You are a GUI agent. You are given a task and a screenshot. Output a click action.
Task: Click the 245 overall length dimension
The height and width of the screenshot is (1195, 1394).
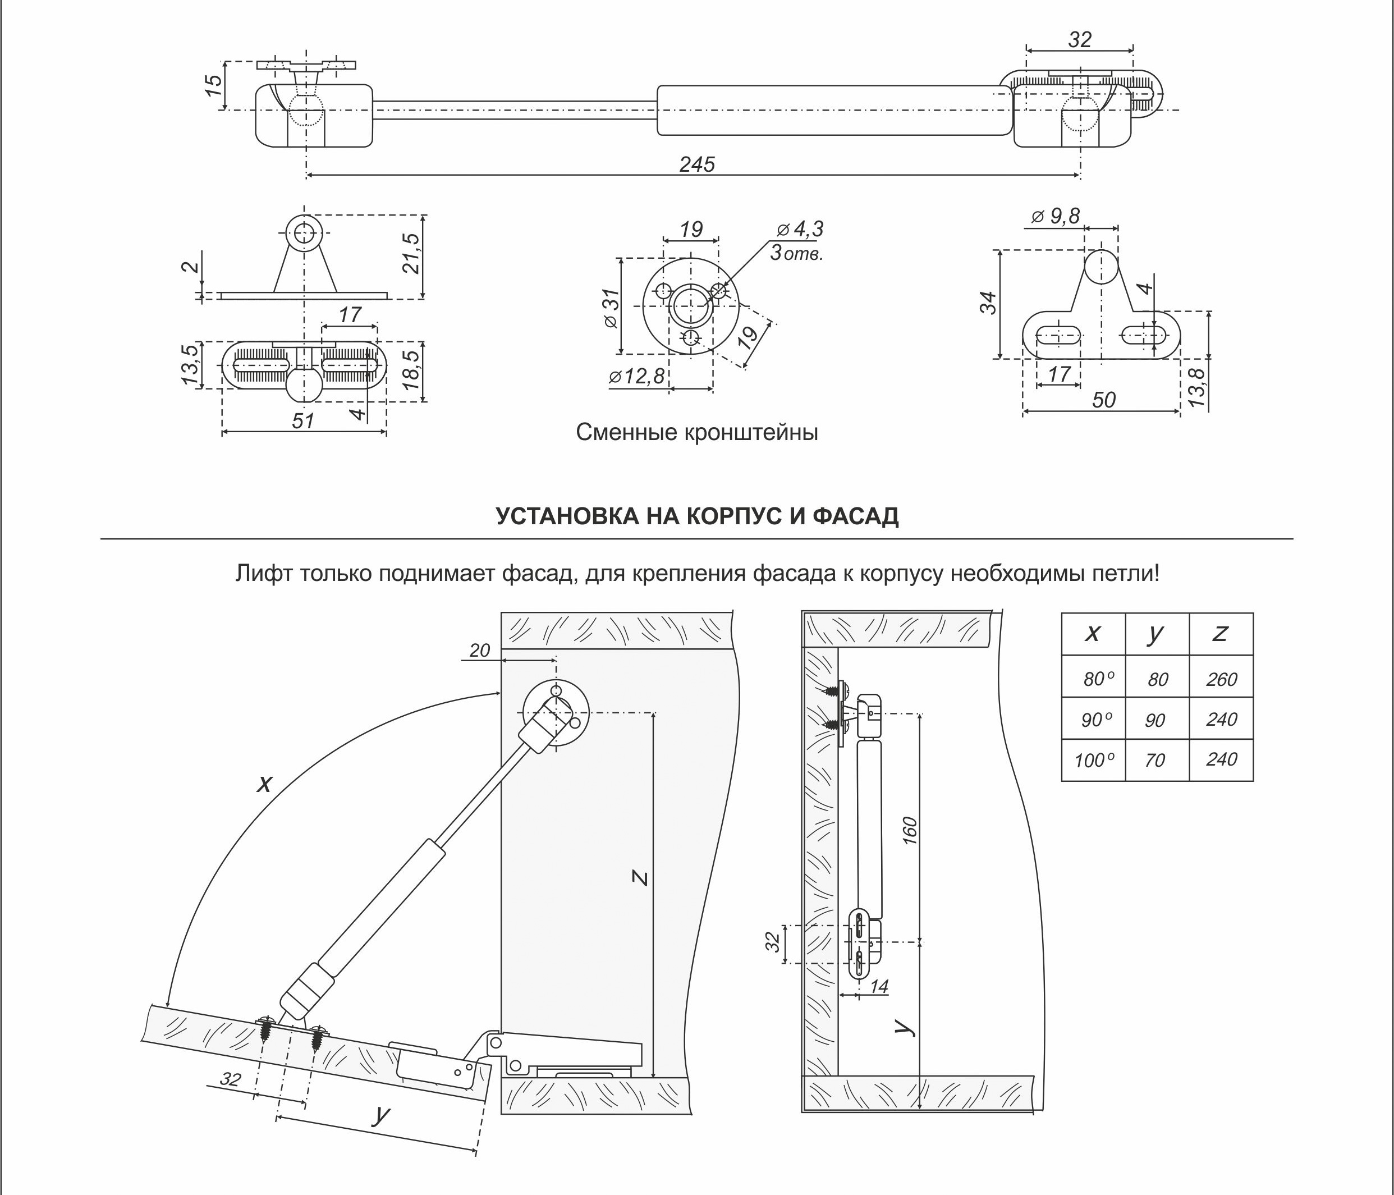[696, 164]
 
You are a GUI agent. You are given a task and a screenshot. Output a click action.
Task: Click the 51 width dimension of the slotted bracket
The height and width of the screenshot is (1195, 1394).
[304, 420]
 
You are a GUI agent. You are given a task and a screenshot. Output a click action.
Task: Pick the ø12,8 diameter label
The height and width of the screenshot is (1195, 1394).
[636, 377]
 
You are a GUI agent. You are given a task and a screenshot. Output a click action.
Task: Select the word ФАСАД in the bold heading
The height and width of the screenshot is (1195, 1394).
[856, 516]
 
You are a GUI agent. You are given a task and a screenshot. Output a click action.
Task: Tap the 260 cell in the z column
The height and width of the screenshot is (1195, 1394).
[1221, 680]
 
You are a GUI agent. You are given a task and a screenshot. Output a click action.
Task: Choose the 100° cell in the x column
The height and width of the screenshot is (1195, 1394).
[1094, 761]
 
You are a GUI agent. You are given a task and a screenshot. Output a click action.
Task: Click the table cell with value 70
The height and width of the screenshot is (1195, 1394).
[1154, 761]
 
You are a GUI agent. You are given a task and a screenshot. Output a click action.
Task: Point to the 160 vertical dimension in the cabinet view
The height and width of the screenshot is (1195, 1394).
[910, 830]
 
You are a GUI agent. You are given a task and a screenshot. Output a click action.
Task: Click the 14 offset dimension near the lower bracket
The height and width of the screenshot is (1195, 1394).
[879, 986]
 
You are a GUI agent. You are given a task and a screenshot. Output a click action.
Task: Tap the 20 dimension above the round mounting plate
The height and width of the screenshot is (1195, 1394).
[479, 650]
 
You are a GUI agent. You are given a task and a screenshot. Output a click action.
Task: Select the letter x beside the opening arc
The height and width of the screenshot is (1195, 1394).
[265, 782]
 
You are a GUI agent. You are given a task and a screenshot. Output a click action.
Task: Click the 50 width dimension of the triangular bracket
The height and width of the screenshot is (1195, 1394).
[1103, 400]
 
